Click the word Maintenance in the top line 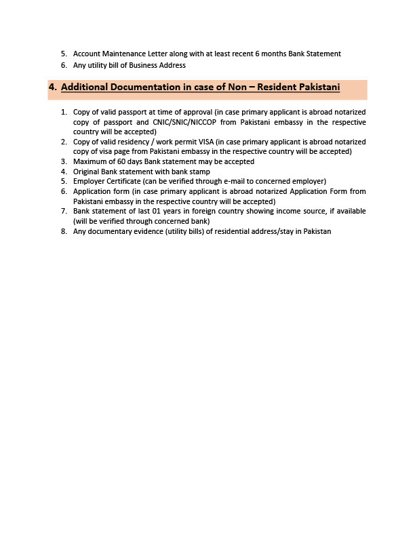[x=123, y=54]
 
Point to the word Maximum [x=91, y=161]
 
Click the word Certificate [x=123, y=182]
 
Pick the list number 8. [x=63, y=231]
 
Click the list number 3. [x=63, y=161]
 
